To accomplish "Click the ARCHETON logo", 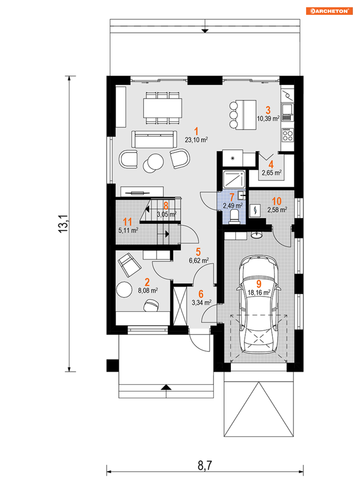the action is click(329, 11).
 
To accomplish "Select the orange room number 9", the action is click(259, 284).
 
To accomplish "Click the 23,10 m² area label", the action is click(196, 140).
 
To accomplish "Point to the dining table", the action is click(163, 108).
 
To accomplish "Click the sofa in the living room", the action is click(154, 139).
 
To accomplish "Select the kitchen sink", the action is click(288, 113).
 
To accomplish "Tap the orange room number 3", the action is click(268, 110).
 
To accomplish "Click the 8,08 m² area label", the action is click(148, 290).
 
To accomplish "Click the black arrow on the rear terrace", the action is click(205, 31).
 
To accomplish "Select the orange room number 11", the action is click(127, 222).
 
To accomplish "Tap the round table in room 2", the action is click(124, 289).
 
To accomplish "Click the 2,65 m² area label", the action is click(272, 173).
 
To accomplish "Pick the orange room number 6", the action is click(201, 294).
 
